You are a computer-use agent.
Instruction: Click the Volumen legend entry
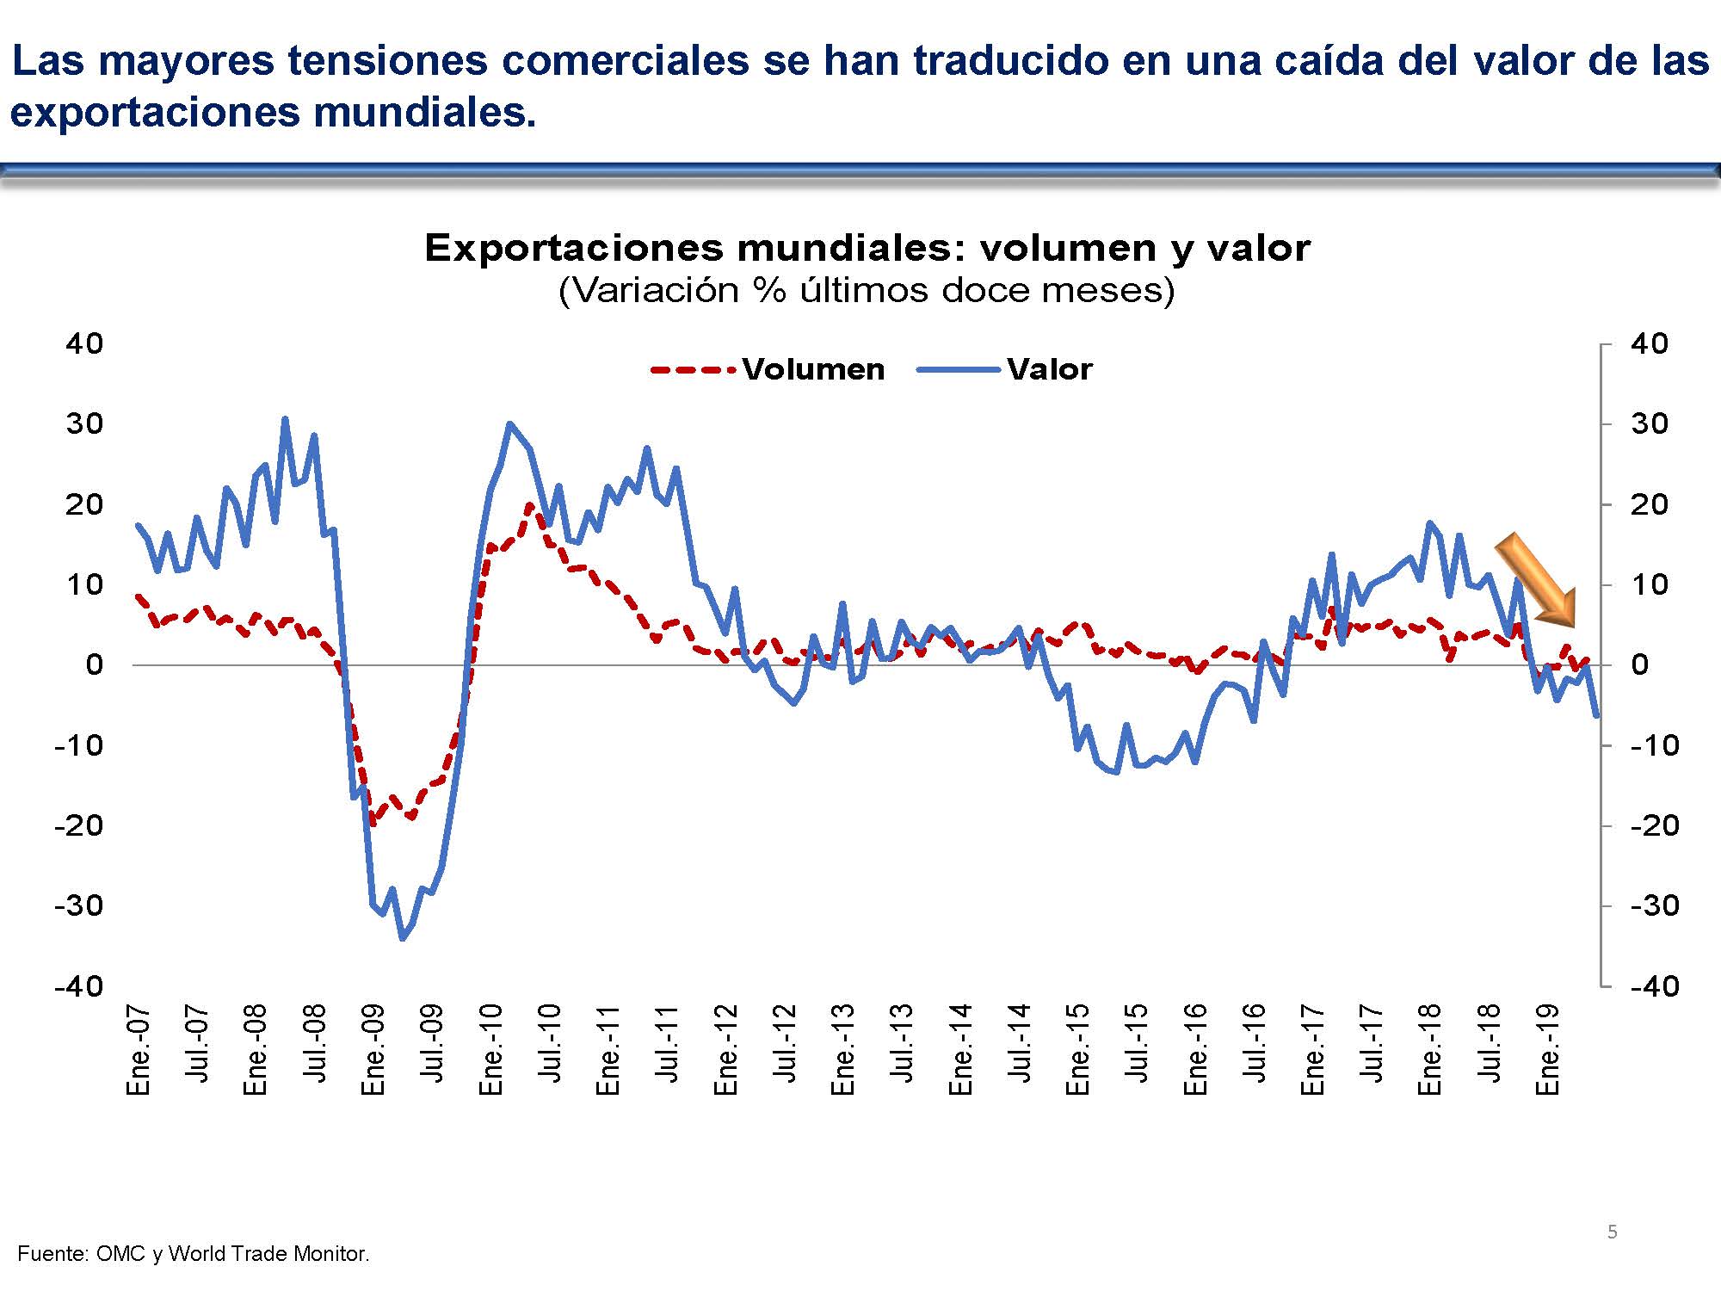[812, 369]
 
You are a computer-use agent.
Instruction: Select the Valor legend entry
[1049, 369]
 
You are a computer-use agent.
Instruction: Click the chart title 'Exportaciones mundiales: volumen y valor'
[867, 248]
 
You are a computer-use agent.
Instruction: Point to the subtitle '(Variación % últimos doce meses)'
[867, 290]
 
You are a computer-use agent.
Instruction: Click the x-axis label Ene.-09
[373, 1049]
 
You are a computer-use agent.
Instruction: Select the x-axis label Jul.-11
[667, 1043]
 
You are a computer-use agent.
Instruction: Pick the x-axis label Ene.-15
[1078, 1049]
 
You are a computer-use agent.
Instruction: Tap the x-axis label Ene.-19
[1548, 1049]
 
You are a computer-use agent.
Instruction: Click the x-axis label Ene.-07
[139, 1049]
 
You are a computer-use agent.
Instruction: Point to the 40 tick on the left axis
[84, 343]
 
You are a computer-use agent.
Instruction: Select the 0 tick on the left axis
[94, 664]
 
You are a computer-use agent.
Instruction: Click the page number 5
[1613, 1232]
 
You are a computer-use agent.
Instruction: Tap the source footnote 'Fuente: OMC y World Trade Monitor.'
[194, 1254]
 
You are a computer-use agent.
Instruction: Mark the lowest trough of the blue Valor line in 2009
[402, 938]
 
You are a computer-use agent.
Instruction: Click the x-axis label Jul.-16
[1255, 1043]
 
